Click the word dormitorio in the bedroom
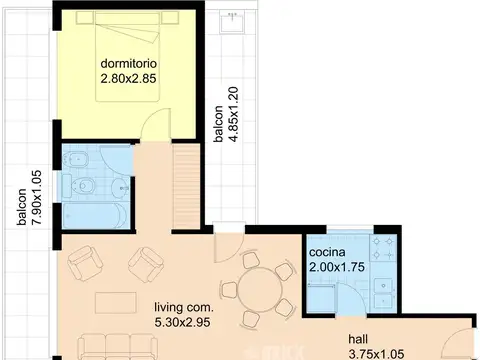129,63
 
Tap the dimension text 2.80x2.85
128,79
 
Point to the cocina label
327,252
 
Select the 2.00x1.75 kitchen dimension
337,267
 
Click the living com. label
184,307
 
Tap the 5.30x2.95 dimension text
182,322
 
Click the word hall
358,339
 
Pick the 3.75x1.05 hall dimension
376,353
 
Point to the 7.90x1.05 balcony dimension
37,197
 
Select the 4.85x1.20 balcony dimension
234,114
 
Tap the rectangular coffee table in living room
116,303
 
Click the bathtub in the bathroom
95,216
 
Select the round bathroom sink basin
119,189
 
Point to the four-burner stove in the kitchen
383,247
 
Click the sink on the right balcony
232,21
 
